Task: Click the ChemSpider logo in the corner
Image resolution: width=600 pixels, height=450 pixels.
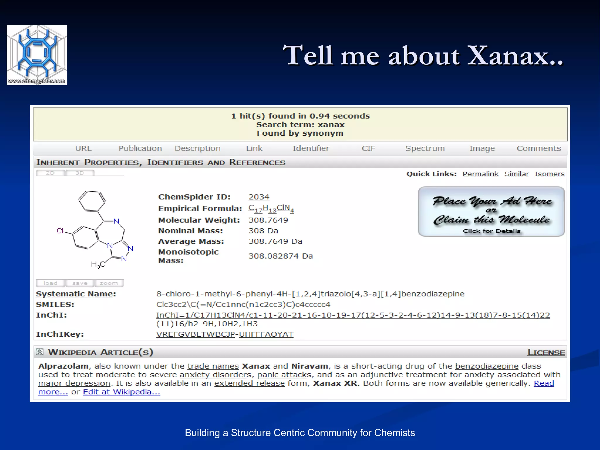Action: [37, 55]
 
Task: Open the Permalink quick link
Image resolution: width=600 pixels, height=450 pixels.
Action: [480, 174]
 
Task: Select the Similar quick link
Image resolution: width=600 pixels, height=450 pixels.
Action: [517, 174]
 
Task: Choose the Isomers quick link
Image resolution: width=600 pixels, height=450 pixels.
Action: [549, 174]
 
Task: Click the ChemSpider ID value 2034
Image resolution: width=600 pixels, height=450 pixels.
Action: [259, 197]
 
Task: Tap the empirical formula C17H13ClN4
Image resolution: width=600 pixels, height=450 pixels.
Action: [271, 208]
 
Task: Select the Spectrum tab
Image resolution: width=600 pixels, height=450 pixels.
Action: [425, 149]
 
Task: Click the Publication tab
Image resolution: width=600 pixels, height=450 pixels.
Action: [140, 149]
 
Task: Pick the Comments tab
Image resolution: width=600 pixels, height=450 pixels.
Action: [539, 149]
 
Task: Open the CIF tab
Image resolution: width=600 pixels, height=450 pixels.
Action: [368, 149]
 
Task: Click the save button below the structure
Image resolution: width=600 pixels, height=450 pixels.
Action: [80, 283]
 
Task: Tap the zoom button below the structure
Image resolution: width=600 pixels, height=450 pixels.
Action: [109, 283]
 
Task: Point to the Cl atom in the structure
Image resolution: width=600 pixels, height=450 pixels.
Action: [60, 231]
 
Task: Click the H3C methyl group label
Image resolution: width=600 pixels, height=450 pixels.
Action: [98, 265]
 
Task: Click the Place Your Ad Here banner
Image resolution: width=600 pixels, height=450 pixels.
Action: [491, 212]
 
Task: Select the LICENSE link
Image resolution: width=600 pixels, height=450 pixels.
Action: [546, 352]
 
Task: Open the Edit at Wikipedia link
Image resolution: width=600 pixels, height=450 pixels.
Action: [121, 392]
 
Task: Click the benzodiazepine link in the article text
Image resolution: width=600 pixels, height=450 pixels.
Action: [487, 366]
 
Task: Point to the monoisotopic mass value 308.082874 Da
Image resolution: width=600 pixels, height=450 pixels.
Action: [280, 256]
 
